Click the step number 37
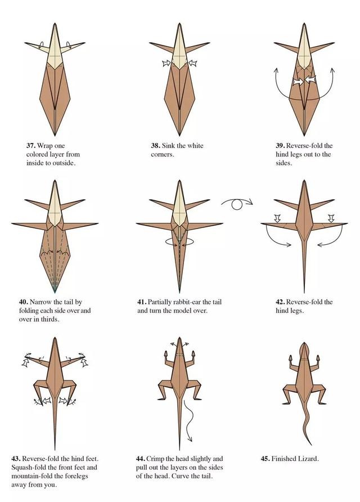pyautogui.click(x=31, y=146)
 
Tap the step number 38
pyautogui.click(x=155, y=146)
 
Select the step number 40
pyautogui.click(x=23, y=302)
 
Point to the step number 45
pyautogui.click(x=265, y=459)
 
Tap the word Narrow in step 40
pyautogui.click(x=40, y=302)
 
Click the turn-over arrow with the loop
pyautogui.click(x=237, y=203)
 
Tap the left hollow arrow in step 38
pyautogui.click(x=166, y=63)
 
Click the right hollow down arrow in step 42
pyautogui.click(x=331, y=218)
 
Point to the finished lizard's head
pyautogui.click(x=304, y=349)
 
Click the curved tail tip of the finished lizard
pyautogui.click(x=310, y=443)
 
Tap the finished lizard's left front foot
pyautogui.click(x=291, y=358)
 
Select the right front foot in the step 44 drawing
pyautogui.click(x=193, y=355)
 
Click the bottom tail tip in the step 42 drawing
pyautogui.click(x=304, y=292)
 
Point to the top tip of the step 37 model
pyautogui.click(x=55, y=24)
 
